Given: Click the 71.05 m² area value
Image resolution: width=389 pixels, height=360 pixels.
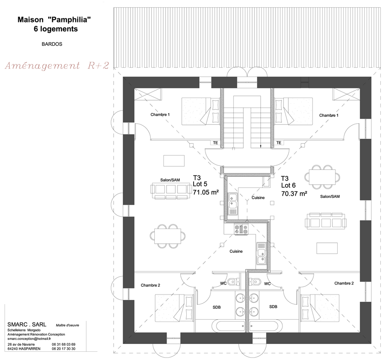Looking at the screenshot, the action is [205, 192].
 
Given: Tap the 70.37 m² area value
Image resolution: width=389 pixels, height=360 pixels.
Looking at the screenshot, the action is [294, 194].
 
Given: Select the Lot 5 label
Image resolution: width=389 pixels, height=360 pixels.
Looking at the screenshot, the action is [200, 184].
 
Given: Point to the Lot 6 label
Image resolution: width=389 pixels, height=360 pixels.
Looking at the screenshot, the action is [288, 185].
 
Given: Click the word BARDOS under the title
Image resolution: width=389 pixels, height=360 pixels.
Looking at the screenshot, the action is [52, 44].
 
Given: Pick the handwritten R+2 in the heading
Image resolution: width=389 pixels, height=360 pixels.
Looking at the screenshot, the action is [98, 65].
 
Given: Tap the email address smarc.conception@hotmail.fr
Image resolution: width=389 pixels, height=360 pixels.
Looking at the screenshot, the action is [29, 338].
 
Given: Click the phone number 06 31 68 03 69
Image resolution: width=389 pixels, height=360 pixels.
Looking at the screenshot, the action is [64, 344].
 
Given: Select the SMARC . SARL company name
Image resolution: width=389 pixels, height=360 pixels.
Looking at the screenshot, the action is [27, 324].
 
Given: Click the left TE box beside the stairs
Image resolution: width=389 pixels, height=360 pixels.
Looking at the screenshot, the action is [216, 143].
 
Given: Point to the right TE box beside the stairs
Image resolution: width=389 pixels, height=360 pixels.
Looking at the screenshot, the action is [279, 143].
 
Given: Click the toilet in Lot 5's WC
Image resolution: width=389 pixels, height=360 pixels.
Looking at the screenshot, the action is [233, 282].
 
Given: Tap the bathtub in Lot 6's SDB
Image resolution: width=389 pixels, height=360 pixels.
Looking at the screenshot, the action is [266, 326].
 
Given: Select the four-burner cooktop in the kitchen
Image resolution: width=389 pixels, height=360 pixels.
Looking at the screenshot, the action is [241, 229].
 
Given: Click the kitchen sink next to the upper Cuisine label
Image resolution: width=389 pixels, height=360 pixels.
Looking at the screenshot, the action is [232, 204].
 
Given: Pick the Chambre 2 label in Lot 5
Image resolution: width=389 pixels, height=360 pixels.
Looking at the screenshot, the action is [151, 285].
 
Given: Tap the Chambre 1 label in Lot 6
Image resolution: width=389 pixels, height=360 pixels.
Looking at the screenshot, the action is [329, 115].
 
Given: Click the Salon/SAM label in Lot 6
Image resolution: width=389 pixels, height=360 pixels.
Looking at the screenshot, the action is [330, 196].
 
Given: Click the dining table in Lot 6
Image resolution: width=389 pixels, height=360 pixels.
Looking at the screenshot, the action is [322, 177].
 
